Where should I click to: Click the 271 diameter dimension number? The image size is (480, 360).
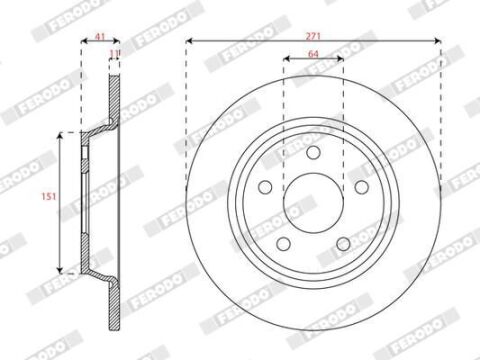coord(313,36)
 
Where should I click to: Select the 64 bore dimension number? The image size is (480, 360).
coord(313,54)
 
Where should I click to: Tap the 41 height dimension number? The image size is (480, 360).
coord(100,36)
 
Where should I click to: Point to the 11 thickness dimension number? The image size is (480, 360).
coord(115,53)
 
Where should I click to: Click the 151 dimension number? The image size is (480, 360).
coord(49,197)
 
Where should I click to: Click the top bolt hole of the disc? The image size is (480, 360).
coord(313,152)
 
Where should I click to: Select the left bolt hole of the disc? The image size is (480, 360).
coord(265,187)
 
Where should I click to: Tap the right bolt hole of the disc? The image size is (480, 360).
coord(361,187)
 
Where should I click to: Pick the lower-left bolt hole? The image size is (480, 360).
coord(284,244)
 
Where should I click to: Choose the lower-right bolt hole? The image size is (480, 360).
coord(343,244)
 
